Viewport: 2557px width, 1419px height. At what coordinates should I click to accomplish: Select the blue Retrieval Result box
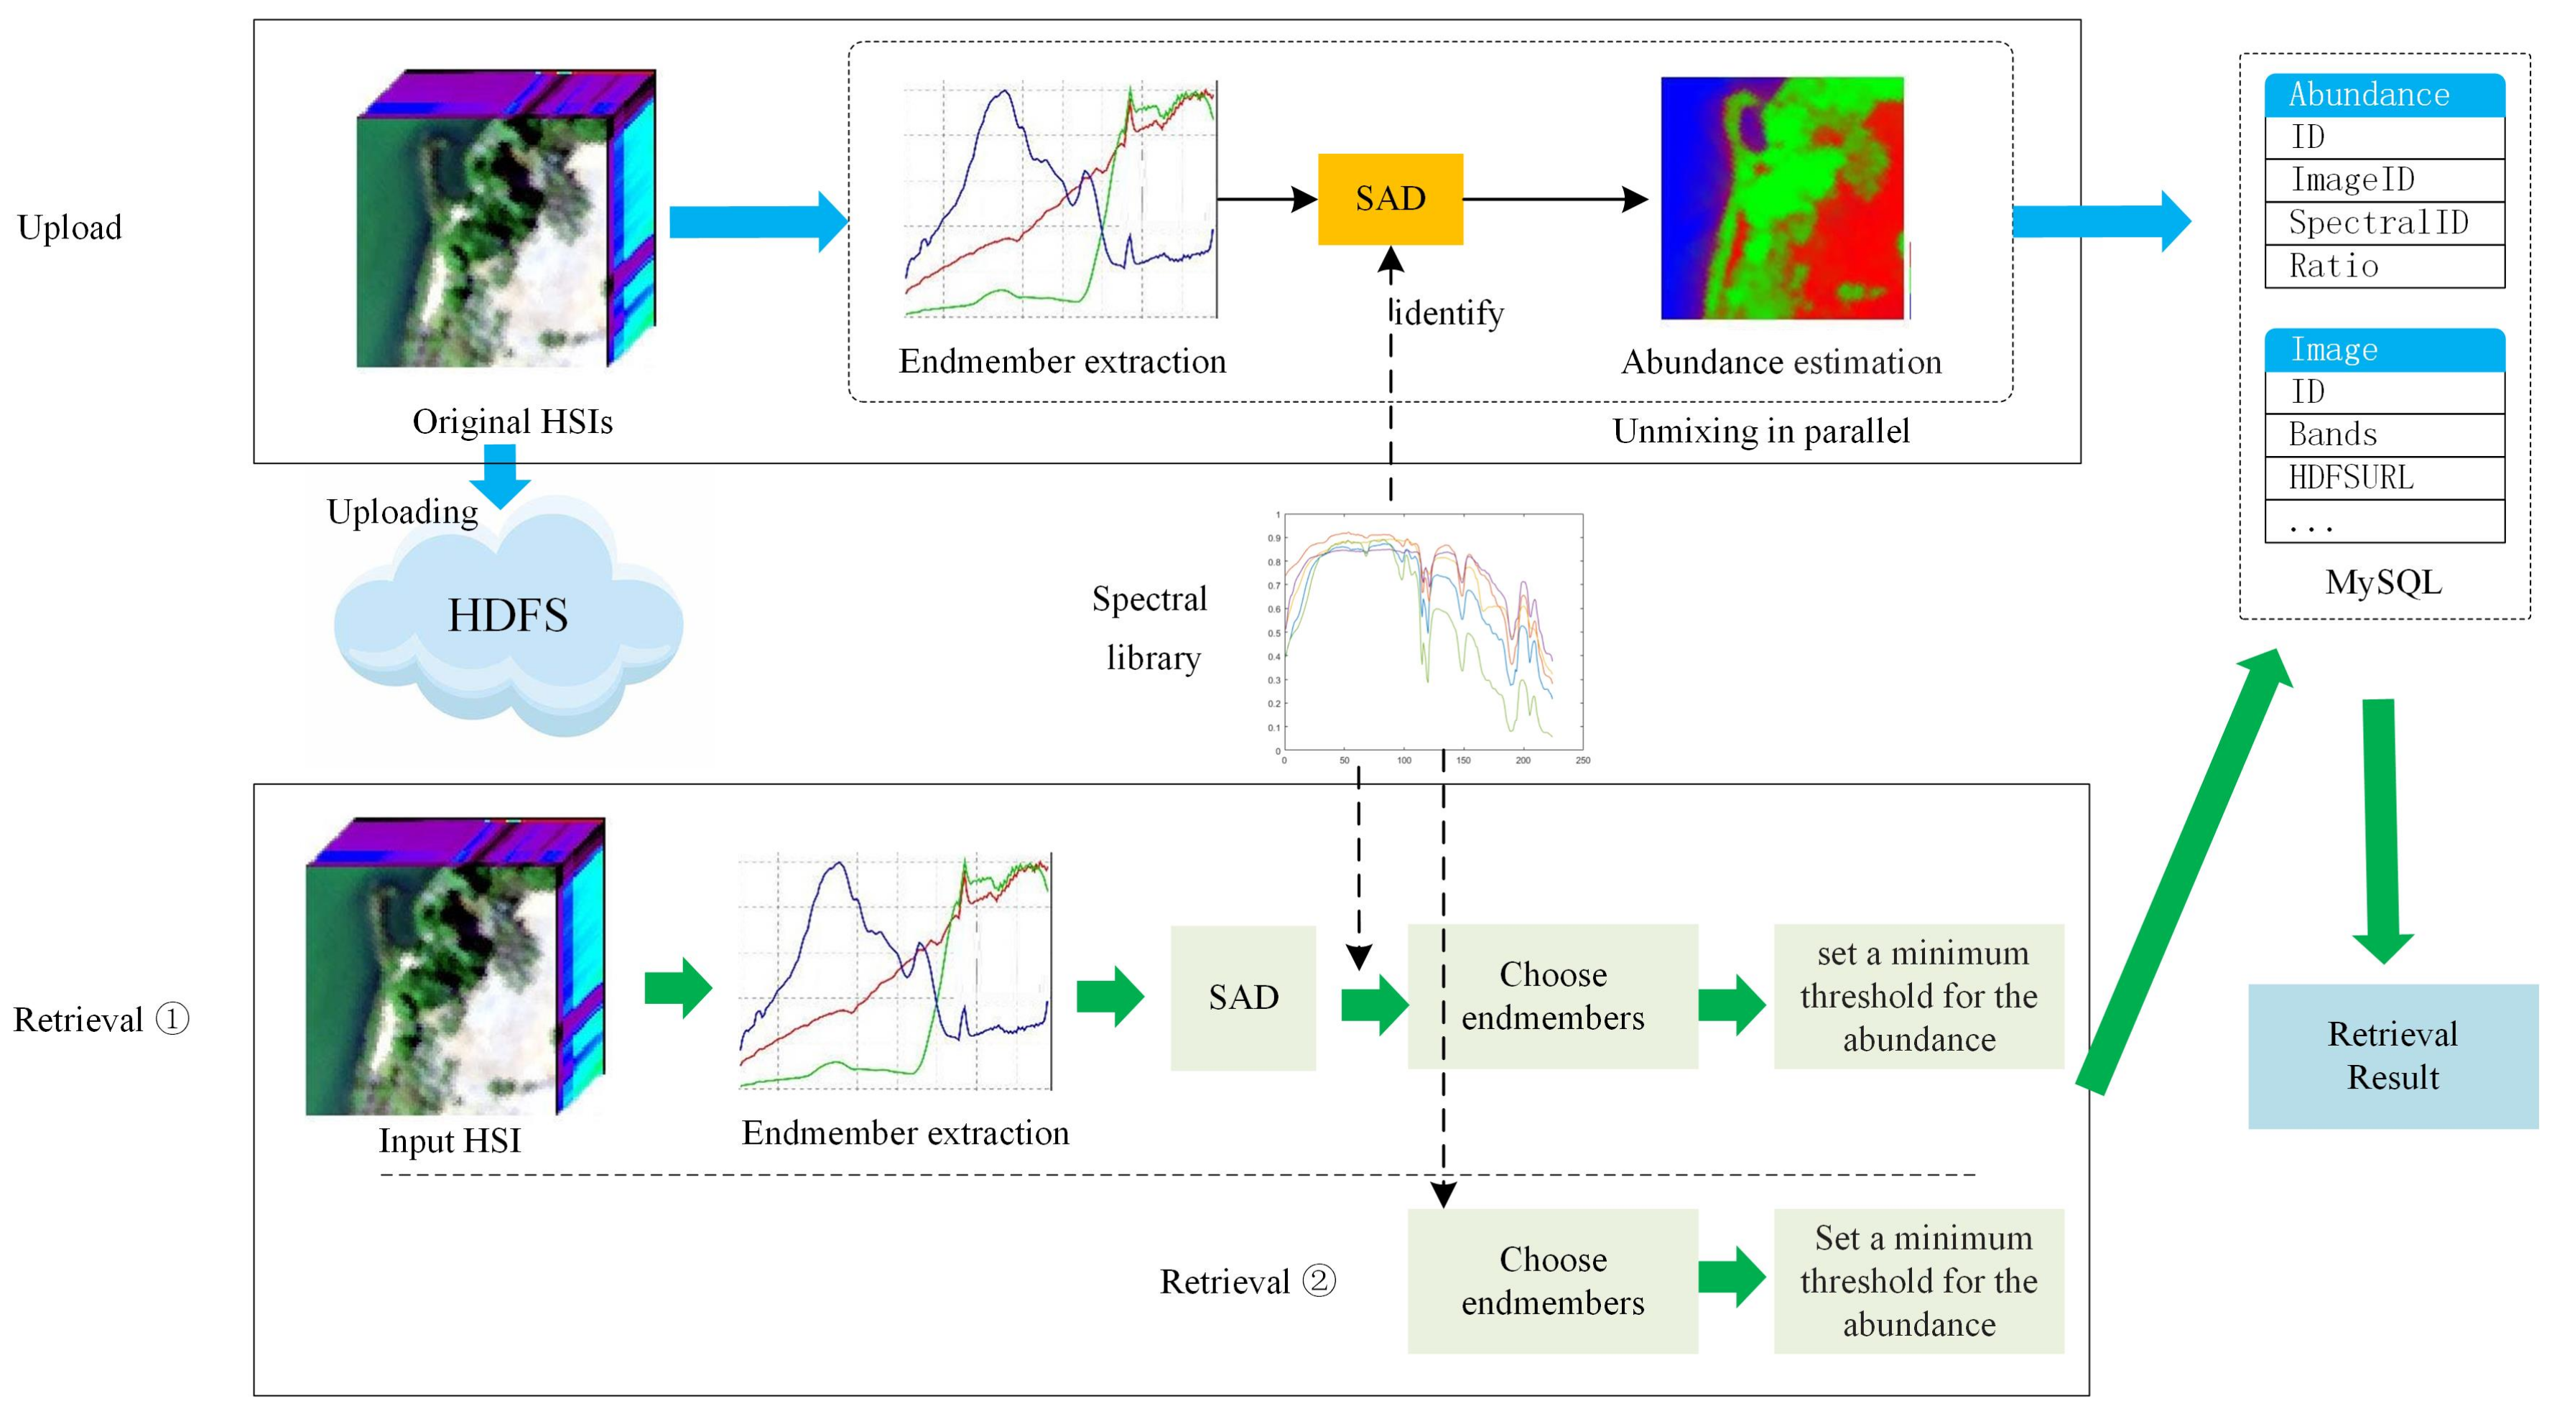pos(2393,1056)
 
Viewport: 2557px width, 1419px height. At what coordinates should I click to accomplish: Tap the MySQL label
pos(2382,582)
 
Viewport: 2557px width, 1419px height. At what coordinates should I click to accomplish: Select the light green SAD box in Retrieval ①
pos(1243,997)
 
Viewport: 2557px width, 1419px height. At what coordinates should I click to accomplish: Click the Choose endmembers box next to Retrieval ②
pos(1552,1280)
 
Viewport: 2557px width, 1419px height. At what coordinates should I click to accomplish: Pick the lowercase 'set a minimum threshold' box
pos(1918,996)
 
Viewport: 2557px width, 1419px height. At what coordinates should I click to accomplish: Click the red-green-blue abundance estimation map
pos(1783,198)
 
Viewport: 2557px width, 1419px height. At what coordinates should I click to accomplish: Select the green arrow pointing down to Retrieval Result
pos(2382,829)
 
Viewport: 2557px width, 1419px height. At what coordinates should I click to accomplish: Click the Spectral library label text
pos(1151,628)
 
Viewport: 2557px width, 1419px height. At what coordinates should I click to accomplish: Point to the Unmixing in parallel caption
pos(1760,432)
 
